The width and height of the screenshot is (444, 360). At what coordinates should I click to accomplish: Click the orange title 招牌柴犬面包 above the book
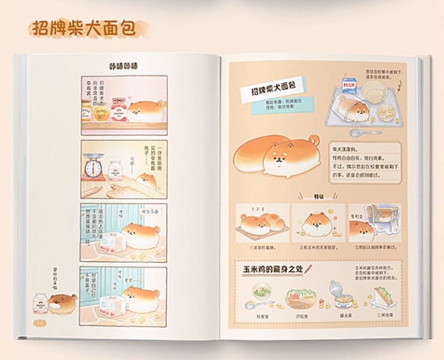pos(81,28)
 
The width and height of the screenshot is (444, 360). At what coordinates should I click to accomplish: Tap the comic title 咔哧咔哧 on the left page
pos(123,66)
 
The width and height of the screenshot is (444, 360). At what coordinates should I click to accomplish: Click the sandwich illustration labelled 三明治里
pos(381,298)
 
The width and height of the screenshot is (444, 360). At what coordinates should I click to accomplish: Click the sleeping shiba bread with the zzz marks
pos(257,222)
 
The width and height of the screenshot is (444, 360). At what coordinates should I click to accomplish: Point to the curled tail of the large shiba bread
pos(313,141)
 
